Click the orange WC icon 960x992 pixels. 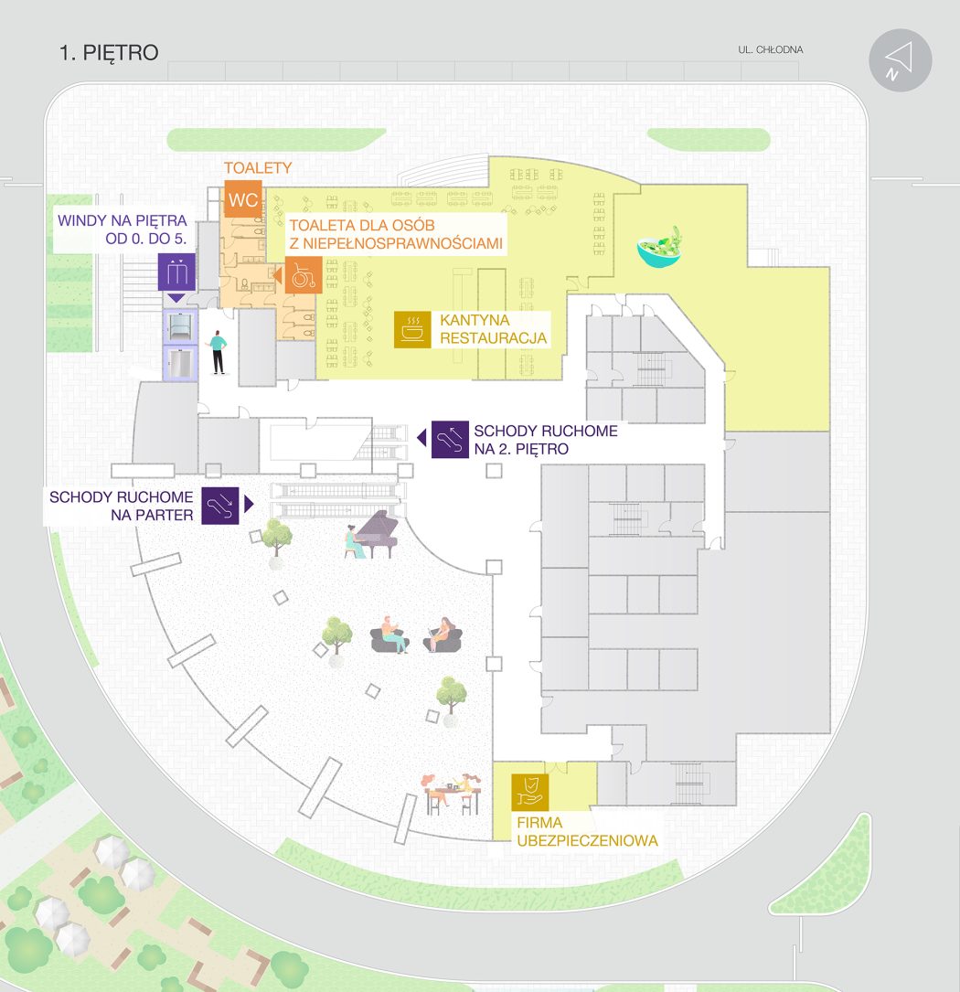(x=243, y=199)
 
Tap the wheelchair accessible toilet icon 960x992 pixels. (x=304, y=275)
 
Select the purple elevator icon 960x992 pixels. (x=176, y=272)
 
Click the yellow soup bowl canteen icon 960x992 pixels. (x=412, y=330)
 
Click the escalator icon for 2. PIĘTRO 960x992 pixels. (x=450, y=439)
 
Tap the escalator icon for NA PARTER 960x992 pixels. (x=220, y=506)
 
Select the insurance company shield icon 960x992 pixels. (x=529, y=792)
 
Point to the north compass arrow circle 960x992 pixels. (x=900, y=60)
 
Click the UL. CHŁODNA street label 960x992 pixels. (x=770, y=50)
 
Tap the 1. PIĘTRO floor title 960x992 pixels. (x=109, y=52)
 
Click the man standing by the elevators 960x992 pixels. (x=217, y=352)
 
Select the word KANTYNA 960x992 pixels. (x=475, y=320)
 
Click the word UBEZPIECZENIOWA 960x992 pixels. (x=587, y=841)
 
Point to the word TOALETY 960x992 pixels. (x=258, y=167)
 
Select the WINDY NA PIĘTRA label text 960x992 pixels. (x=123, y=220)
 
